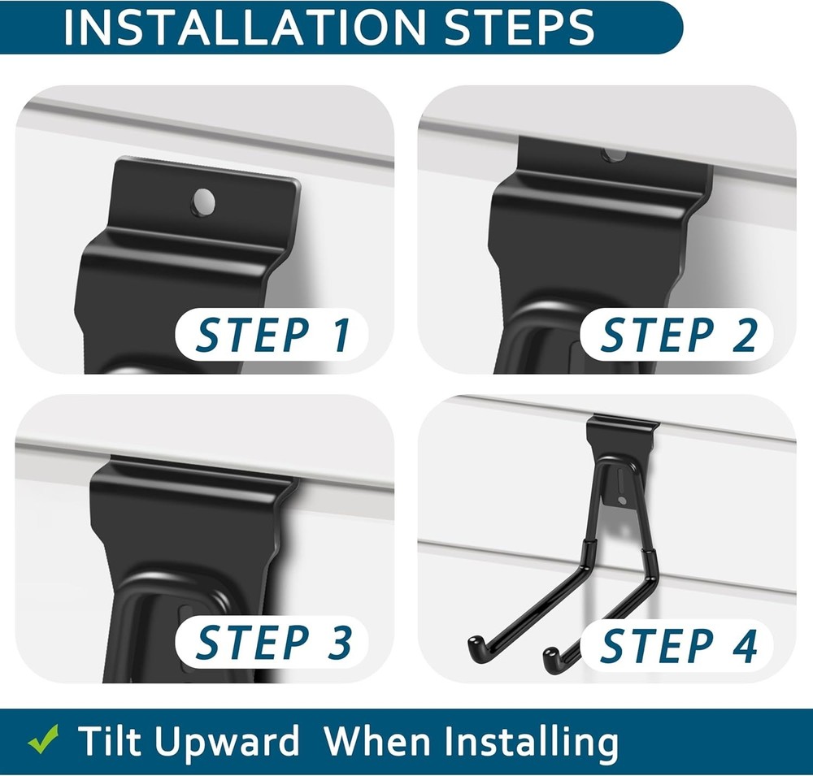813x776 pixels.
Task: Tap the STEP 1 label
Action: (273, 335)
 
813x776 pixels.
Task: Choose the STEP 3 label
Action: (273, 641)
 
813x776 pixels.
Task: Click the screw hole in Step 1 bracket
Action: (202, 201)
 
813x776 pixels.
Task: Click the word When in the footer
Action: (382, 741)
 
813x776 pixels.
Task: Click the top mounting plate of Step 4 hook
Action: (622, 427)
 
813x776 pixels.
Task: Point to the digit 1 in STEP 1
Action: (340, 335)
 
